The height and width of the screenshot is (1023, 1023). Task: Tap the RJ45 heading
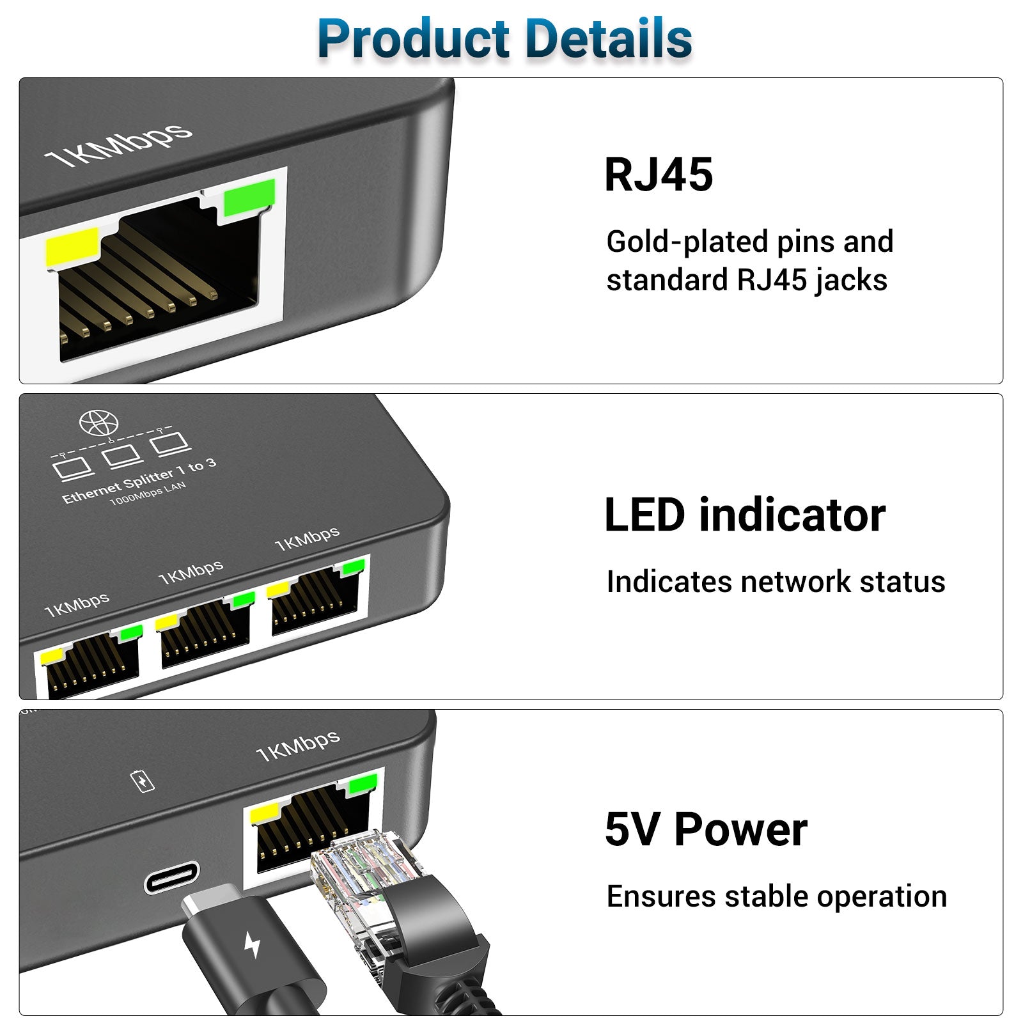[659, 175]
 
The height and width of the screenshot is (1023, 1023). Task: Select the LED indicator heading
[745, 515]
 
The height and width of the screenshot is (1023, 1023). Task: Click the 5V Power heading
[706, 829]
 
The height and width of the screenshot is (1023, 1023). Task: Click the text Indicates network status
[776, 582]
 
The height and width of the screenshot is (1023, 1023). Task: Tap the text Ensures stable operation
[776, 896]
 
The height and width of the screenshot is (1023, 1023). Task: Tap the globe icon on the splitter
[99, 423]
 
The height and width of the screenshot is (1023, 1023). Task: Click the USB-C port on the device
[171, 877]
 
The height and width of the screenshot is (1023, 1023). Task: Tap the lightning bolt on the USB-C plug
[253, 944]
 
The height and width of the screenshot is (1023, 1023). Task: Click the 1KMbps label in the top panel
[118, 144]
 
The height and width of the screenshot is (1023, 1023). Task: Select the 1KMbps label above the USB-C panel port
[297, 745]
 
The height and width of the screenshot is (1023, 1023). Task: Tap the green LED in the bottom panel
[363, 783]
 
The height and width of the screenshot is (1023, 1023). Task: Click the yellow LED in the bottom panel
[265, 813]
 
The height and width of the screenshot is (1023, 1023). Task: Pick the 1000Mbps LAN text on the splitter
[148, 493]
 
